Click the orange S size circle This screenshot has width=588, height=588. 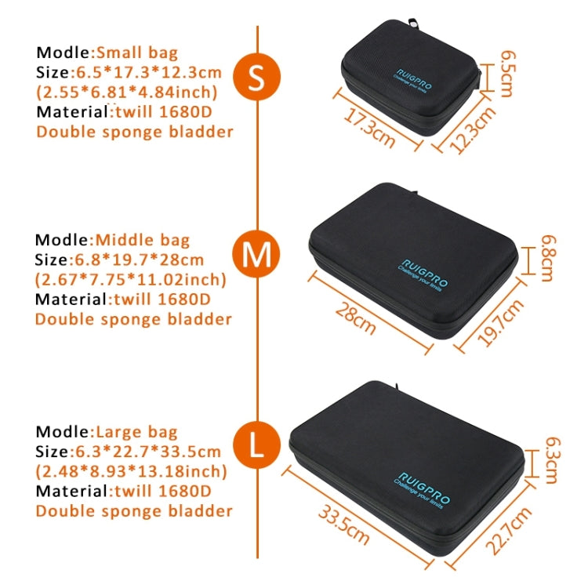[257, 77]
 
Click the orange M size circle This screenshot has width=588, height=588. [256, 254]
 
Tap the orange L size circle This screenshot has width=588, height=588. [257, 445]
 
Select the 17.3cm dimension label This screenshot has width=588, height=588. [369, 128]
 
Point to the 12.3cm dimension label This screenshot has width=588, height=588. [474, 129]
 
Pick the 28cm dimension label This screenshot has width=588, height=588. [355, 318]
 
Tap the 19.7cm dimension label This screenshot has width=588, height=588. [500, 322]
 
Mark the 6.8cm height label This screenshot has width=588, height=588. [548, 258]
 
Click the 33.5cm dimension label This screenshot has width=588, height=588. [343, 524]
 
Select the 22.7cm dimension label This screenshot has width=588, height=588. [509, 530]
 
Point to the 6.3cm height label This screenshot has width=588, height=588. [552, 460]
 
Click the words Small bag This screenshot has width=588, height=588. [137, 53]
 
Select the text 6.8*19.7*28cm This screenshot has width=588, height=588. [139, 260]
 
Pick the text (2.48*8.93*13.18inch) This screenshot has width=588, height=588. [131, 471]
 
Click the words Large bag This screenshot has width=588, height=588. [136, 432]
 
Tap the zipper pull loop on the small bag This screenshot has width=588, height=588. [414, 24]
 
